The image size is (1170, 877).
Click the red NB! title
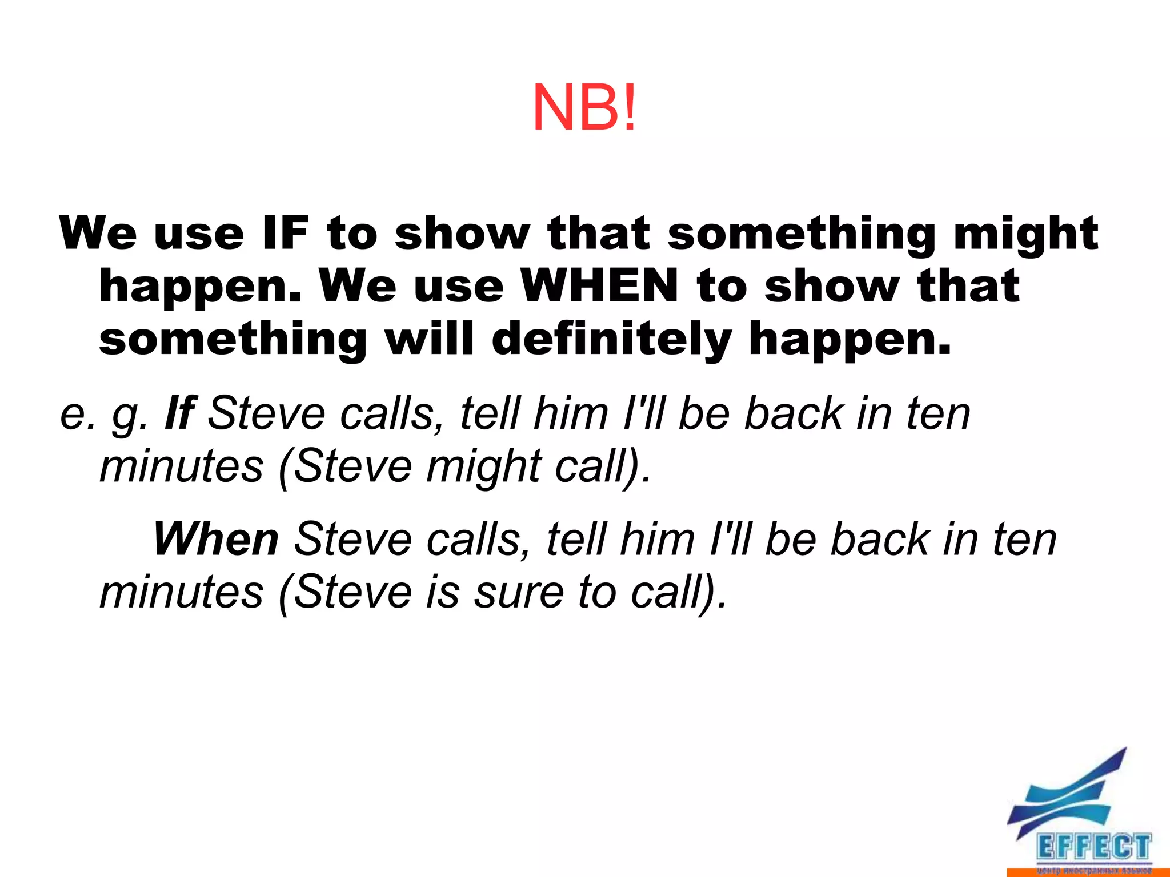pos(584,107)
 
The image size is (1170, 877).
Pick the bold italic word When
pos(216,539)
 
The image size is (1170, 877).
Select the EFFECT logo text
pos(1093,847)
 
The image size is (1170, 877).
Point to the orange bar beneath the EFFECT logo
pos(1088,872)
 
